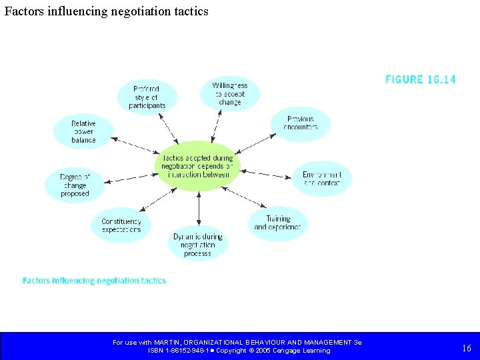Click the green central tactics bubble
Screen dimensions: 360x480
[x=197, y=167]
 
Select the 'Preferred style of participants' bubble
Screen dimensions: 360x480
[x=146, y=97]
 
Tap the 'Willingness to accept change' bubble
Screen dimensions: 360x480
[x=229, y=94]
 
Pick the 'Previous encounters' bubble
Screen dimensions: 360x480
[x=300, y=123]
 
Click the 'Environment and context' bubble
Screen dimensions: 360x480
[x=321, y=178]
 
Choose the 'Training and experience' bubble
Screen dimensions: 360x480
[x=277, y=223]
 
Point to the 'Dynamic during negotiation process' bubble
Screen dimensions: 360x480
[x=197, y=245]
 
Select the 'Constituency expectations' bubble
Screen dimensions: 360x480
[x=121, y=225]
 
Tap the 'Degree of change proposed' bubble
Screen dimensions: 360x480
[x=75, y=185]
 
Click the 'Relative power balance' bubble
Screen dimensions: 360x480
[x=83, y=131]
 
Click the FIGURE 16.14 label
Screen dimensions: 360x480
[x=421, y=79]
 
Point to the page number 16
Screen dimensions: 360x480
[x=466, y=347]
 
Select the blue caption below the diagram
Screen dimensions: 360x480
[x=94, y=281]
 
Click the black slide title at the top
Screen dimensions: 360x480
[x=106, y=11]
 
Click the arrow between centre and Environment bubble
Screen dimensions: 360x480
[x=265, y=173]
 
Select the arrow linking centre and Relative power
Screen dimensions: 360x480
[x=133, y=146]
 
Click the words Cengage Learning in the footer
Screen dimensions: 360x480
[x=301, y=351]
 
